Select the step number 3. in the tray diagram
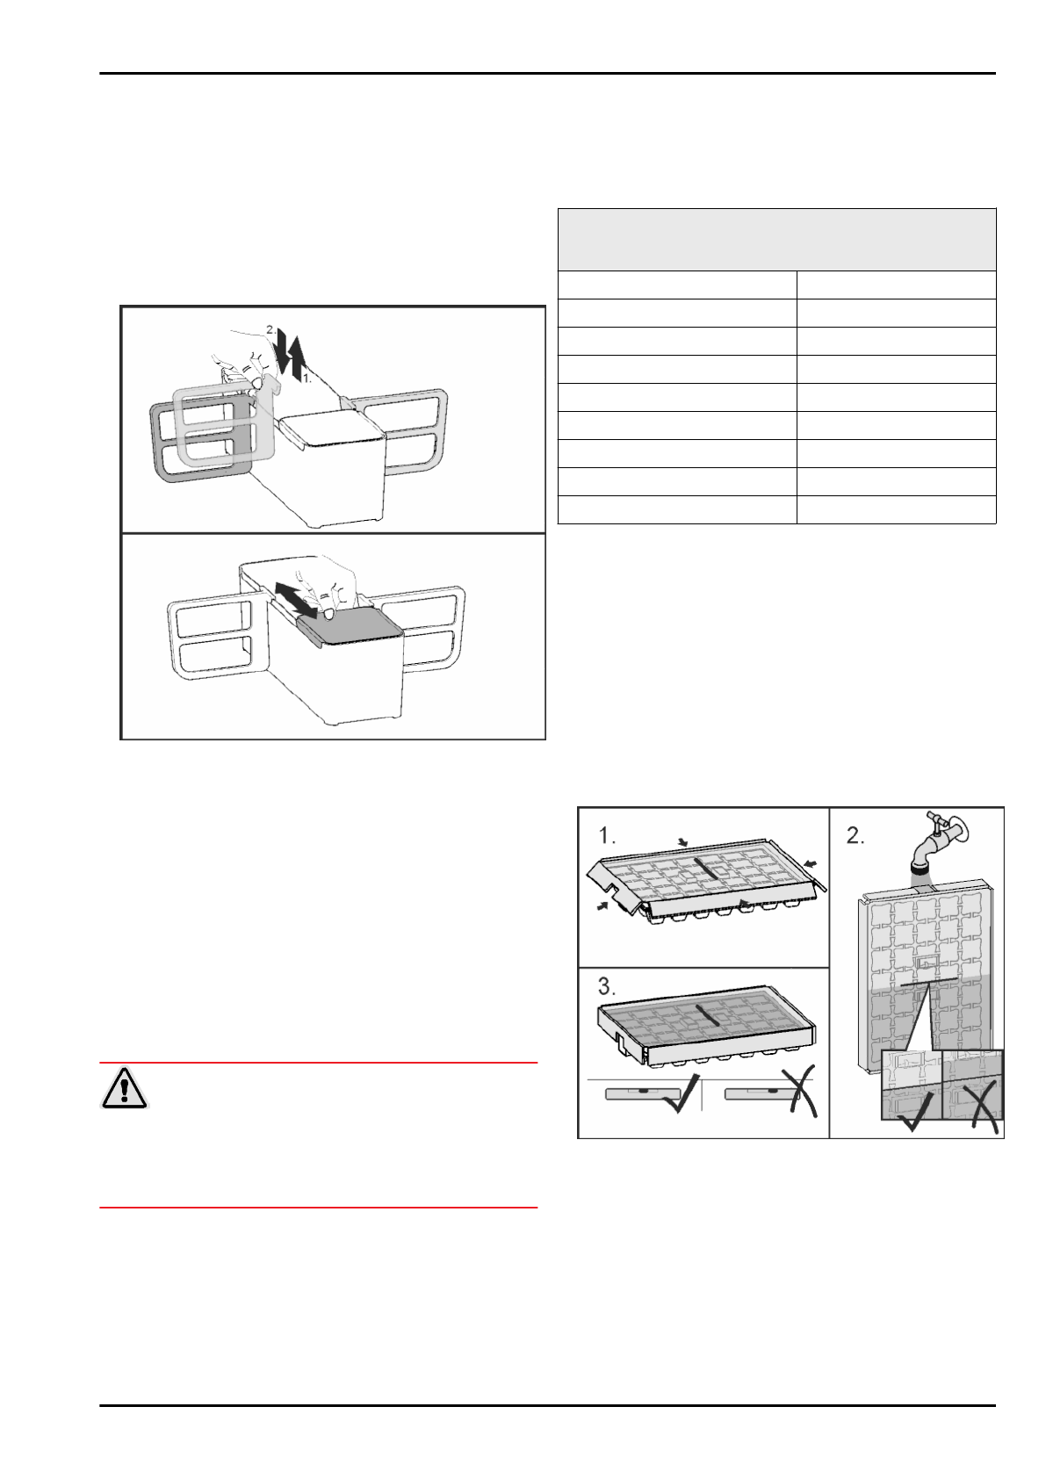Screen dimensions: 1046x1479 click(608, 986)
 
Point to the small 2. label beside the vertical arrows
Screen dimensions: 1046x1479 click(271, 330)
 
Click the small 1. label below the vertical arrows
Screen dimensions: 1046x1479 click(307, 379)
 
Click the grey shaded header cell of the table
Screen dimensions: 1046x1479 click(776, 240)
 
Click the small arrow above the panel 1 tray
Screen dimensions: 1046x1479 click(683, 842)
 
